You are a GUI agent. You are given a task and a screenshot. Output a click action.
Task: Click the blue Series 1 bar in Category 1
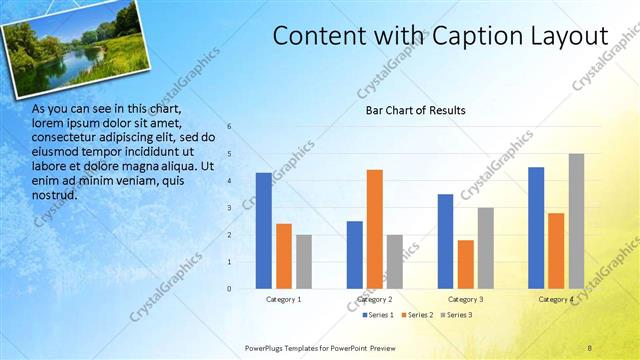[x=263, y=231]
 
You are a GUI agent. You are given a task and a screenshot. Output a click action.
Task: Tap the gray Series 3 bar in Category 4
[x=576, y=221]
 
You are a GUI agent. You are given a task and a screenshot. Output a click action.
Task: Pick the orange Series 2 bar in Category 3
[x=465, y=264]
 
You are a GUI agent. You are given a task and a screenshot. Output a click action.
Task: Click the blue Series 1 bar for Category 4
[x=536, y=228]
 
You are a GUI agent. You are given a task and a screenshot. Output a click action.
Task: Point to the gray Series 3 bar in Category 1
[x=304, y=262]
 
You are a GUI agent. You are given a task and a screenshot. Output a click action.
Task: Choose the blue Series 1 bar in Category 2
[x=355, y=255]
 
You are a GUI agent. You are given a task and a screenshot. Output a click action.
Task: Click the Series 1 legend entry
[x=376, y=315]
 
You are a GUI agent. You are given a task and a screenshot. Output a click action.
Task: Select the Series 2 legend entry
[x=418, y=315]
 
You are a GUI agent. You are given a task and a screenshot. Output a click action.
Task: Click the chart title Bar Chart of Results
[x=415, y=110]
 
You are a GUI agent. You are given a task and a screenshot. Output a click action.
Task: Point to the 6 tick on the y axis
[x=229, y=127]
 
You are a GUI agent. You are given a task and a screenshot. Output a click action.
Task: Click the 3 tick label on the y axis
[x=229, y=208]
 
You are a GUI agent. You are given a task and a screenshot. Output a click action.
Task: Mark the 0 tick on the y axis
[x=229, y=289]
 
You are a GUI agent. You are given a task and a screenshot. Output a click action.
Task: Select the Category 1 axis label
[x=284, y=299]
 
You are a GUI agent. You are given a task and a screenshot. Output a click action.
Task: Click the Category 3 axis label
[x=465, y=299]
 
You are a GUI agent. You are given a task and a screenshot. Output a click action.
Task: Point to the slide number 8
[x=590, y=347]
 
